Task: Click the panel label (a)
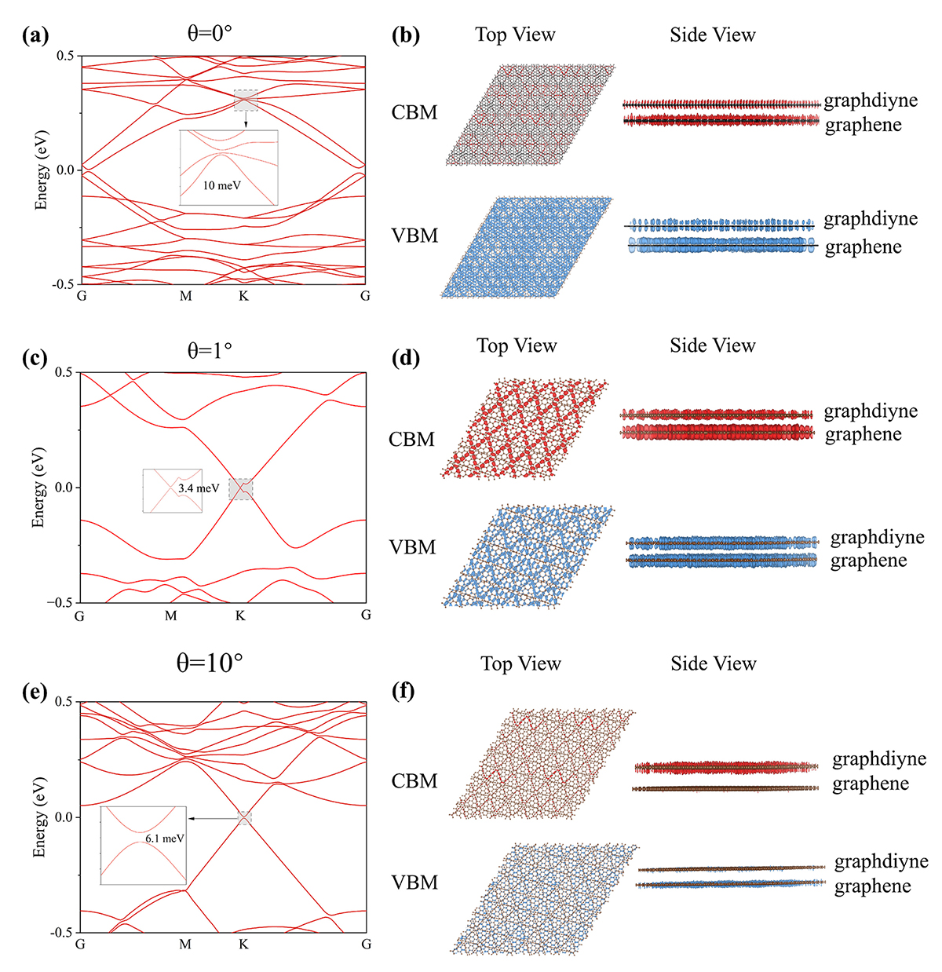37,35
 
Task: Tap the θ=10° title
209,663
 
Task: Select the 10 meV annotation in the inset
222,186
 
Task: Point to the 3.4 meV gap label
199,488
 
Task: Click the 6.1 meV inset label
165,839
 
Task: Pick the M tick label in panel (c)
171,616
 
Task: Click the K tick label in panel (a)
243,297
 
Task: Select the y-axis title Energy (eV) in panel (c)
38,488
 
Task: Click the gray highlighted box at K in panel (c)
241,488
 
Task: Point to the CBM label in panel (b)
414,112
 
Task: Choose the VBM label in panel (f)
414,882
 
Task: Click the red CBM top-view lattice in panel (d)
524,429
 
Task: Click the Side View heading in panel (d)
713,346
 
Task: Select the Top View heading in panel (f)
521,664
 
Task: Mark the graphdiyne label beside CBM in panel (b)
871,100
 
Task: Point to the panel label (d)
405,359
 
